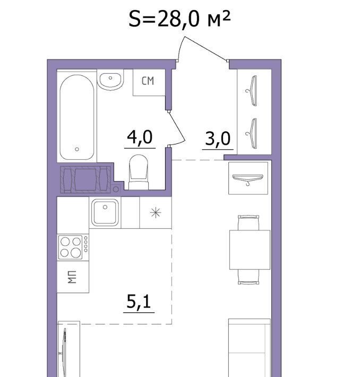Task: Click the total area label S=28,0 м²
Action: coord(179,19)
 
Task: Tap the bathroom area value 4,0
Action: coord(140,137)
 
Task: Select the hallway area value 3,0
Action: coord(218,139)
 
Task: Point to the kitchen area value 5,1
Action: coord(139,302)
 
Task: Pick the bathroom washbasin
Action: coord(110,80)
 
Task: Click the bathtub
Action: coord(77,117)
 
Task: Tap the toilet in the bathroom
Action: coord(139,172)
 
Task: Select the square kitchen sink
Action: coord(105,212)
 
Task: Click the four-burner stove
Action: coord(73,247)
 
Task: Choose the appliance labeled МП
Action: coord(73,277)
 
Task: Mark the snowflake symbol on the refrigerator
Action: coord(156,212)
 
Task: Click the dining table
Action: coord(250,250)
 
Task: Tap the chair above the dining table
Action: coord(248,222)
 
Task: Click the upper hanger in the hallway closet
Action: coord(252,91)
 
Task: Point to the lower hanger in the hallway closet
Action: coord(252,134)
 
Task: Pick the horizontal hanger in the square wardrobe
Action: coord(248,179)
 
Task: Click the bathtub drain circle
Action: coord(77,149)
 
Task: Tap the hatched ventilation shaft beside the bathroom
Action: coord(85,179)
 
